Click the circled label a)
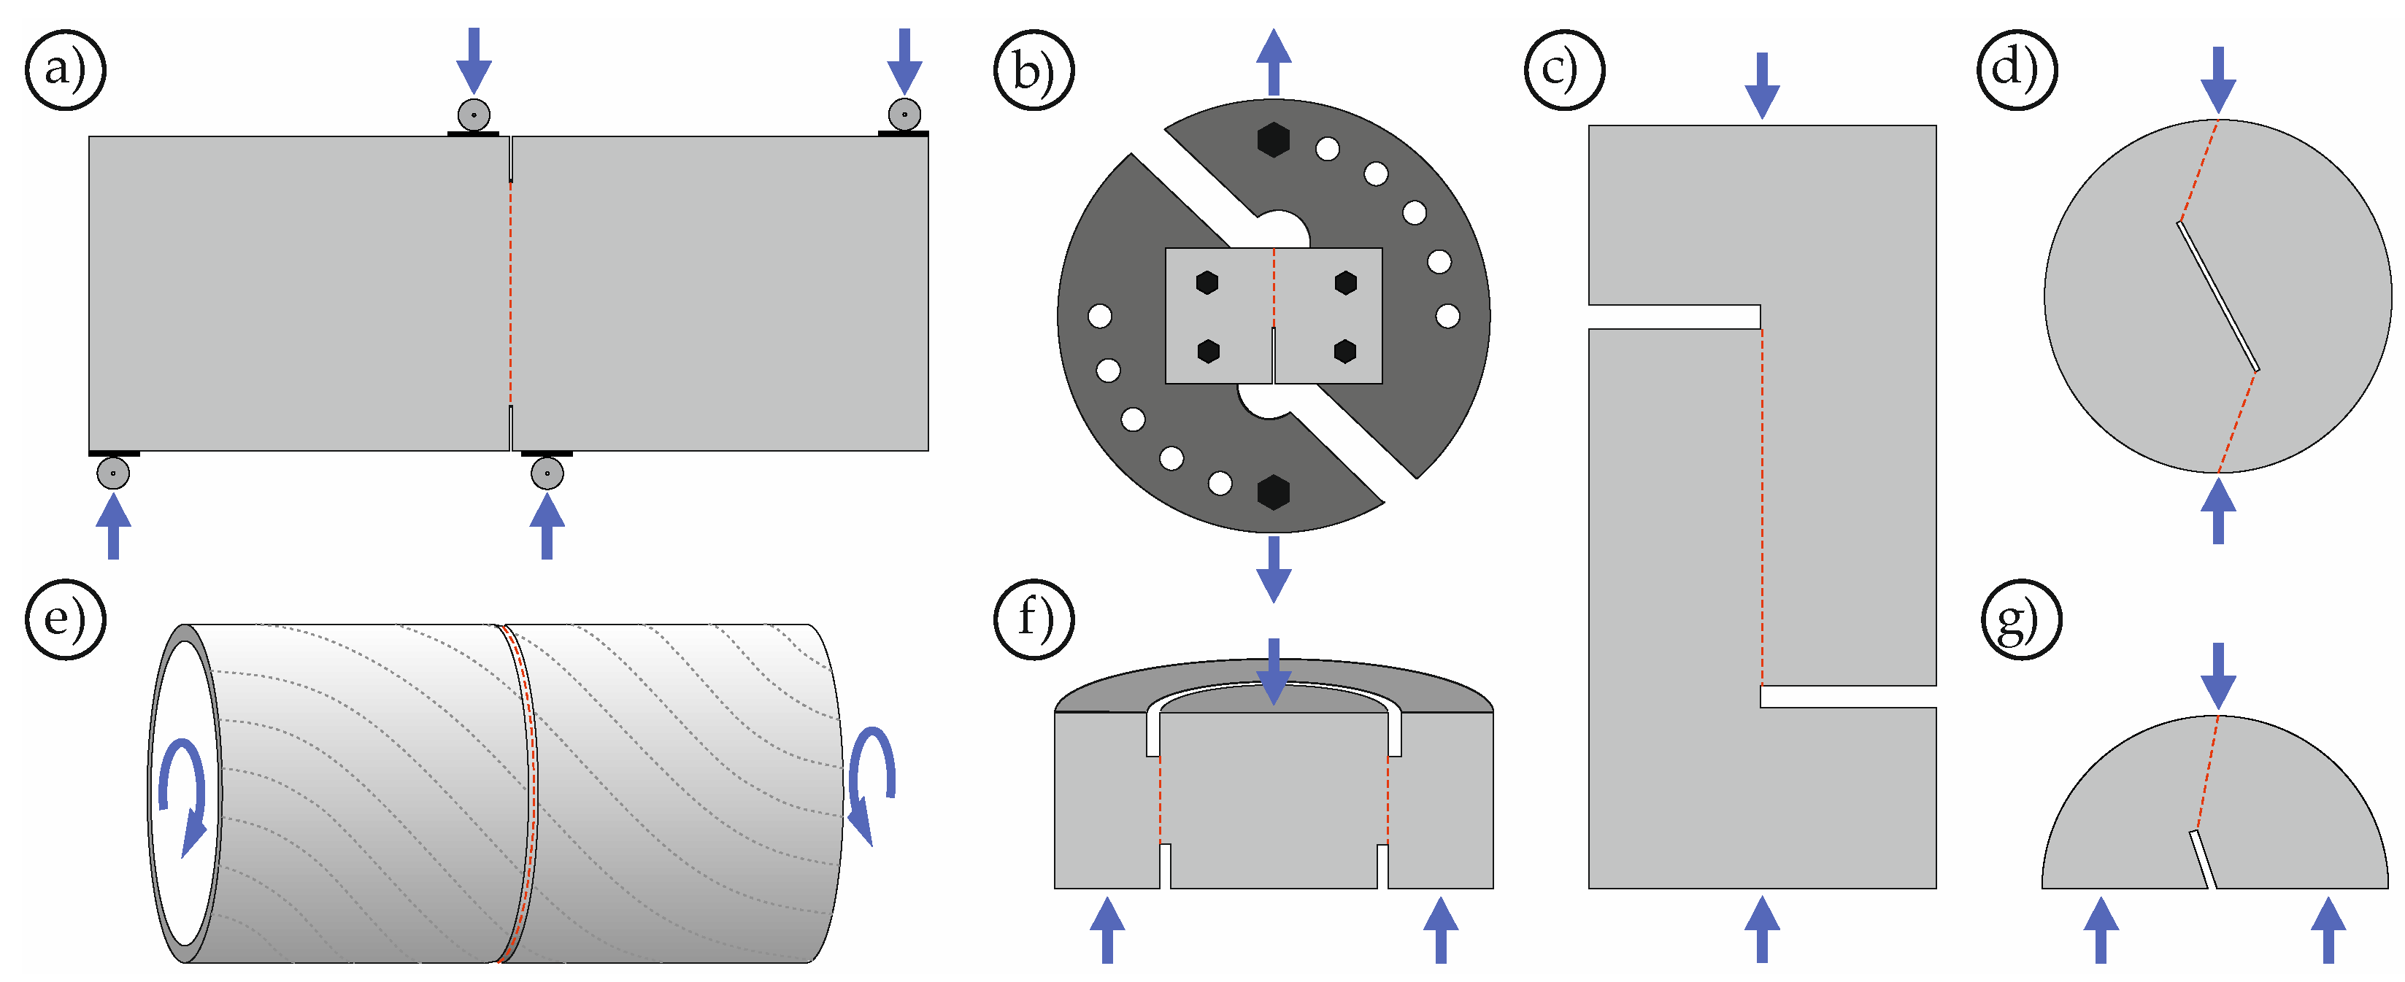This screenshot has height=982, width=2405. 64,70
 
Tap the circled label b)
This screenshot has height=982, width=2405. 1034,70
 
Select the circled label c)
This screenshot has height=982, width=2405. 1564,70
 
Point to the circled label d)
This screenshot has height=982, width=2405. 2017,70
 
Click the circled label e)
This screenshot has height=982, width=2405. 64,619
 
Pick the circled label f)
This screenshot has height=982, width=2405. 1034,619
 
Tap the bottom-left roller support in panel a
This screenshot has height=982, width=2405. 113,472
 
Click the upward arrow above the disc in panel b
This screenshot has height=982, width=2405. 1274,60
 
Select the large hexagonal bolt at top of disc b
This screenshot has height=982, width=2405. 1274,139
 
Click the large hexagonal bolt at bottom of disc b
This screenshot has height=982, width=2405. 1274,492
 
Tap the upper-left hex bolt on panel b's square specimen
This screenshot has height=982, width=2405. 1207,282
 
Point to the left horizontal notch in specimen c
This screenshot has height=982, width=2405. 1674,317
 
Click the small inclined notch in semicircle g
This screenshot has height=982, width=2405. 2201,859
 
